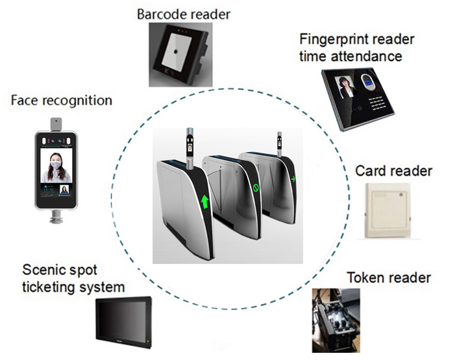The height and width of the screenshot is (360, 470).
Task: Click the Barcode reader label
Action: pos(183,14)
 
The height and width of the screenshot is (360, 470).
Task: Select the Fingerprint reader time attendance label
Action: pos(356,47)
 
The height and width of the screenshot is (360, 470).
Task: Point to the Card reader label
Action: pos(393,171)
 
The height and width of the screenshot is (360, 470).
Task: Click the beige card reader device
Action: pos(391,211)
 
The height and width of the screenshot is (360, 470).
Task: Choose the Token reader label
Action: pos(389,278)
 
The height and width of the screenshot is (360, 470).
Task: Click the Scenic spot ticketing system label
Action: pos(74,278)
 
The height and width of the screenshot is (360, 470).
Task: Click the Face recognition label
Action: pos(62,101)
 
